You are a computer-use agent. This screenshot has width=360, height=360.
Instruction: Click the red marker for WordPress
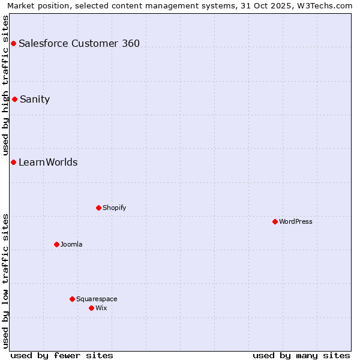(x=275, y=221)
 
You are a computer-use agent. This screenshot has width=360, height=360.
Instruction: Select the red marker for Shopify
(x=98, y=208)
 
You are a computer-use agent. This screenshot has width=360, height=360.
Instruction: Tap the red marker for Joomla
(x=56, y=244)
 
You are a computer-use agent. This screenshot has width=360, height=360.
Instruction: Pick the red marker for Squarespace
(x=72, y=299)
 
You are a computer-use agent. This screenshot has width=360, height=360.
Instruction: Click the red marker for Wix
(x=91, y=308)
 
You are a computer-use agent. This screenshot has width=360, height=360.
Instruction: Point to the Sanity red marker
(x=14, y=99)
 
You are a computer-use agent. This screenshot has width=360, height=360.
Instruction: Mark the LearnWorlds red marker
(x=13, y=162)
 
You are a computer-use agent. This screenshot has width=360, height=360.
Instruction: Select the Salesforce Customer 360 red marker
(x=13, y=43)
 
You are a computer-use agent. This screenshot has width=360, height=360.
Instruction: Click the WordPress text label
(x=296, y=221)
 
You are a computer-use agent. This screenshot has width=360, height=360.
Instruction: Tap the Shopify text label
(x=114, y=208)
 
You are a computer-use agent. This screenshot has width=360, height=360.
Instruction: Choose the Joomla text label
(x=71, y=244)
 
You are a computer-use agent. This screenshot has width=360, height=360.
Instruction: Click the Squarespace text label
(x=97, y=299)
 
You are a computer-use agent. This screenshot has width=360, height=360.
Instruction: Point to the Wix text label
(x=101, y=308)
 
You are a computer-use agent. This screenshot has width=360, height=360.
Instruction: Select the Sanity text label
(x=35, y=99)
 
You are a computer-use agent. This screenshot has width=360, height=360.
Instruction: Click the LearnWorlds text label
(x=48, y=162)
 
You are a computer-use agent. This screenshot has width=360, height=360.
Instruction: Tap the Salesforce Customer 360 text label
(x=79, y=43)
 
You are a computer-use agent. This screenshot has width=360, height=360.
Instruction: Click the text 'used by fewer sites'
(x=62, y=355)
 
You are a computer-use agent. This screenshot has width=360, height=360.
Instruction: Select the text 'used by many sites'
(x=301, y=355)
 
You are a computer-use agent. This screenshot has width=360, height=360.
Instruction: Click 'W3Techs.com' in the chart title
(x=328, y=5)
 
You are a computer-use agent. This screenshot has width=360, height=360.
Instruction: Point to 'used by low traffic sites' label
(x=5, y=281)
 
